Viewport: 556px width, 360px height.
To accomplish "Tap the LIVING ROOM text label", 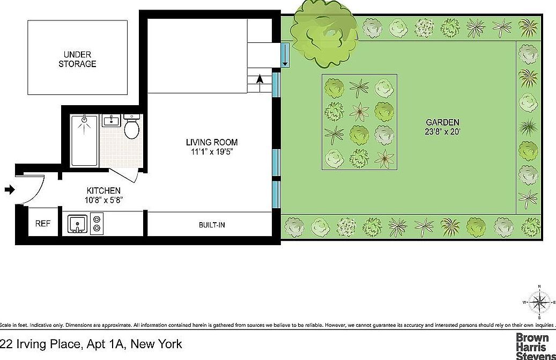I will coord(211,142).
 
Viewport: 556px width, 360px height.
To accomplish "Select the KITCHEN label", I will coord(103,190).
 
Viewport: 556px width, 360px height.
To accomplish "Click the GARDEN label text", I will coord(442,122).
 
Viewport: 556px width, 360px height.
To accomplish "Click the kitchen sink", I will coord(78,223).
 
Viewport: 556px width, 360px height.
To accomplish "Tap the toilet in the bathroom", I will coord(131,127).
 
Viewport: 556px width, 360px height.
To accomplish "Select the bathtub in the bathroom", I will coord(85,141).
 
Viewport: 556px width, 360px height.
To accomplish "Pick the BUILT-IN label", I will coord(212,225).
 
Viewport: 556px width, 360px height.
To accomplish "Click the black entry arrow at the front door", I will coord(10,189).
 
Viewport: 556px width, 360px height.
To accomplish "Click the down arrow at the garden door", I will coord(285,55).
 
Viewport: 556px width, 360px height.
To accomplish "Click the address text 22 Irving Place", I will coord(91,344).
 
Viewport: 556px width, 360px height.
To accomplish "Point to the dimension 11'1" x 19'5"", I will coord(212,152).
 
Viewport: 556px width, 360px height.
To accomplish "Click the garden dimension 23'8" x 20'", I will coord(442,131).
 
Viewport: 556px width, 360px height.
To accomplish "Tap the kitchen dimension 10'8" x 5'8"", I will coord(103,200).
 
